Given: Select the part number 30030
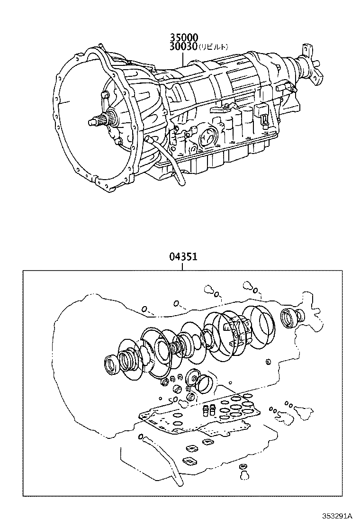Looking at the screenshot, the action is pos(183,46).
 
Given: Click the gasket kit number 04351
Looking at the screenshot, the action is pos(182,257).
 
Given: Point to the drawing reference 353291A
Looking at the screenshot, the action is pos(337,516).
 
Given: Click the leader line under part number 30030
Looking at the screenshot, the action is pos(183,58).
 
